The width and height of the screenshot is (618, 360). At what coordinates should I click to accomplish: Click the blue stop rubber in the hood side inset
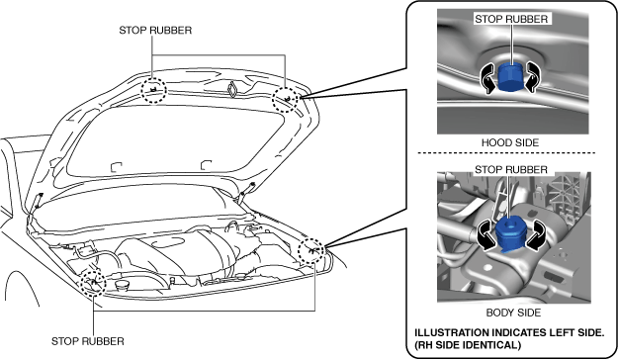[509, 77]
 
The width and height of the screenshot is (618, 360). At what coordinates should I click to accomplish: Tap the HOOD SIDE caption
[510, 142]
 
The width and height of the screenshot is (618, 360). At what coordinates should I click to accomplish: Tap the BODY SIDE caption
[513, 313]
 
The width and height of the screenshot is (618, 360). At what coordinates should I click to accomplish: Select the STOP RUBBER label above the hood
[155, 31]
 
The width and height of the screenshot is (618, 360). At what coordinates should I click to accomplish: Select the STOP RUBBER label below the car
[87, 341]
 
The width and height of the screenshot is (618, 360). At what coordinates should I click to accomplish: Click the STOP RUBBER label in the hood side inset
[511, 19]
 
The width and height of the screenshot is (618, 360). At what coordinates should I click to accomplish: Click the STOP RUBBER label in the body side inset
[511, 169]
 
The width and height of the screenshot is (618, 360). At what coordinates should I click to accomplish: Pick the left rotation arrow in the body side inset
[486, 235]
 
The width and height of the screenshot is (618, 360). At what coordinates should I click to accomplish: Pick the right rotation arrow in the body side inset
[536, 235]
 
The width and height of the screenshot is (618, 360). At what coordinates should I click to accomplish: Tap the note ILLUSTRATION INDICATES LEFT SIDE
[509, 332]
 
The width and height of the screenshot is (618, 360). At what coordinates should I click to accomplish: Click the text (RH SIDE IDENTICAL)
[468, 345]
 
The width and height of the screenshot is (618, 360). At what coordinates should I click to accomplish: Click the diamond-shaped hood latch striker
[231, 89]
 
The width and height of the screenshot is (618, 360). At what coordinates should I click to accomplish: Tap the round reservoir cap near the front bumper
[121, 285]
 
